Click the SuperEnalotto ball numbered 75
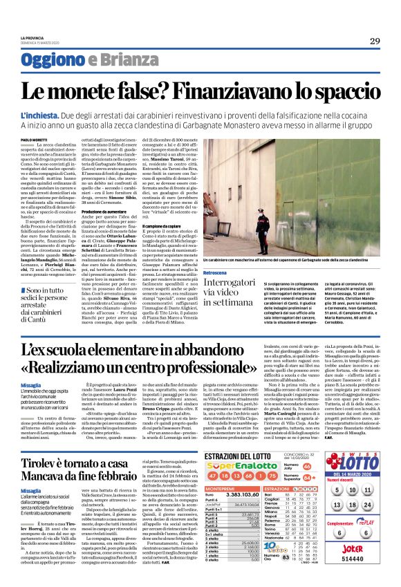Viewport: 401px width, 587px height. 255,458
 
